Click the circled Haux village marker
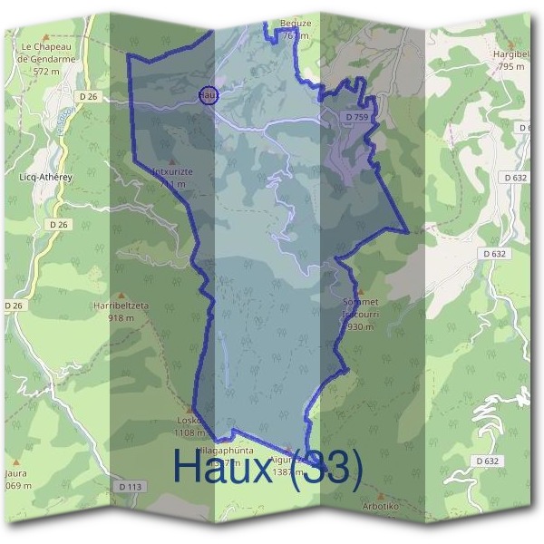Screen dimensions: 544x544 tap(208, 93)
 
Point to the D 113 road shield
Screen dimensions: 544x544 tap(131, 487)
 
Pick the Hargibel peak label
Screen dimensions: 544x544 tap(511, 54)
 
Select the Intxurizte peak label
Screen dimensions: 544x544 tap(171, 172)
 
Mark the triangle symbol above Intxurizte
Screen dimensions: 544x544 tap(172, 161)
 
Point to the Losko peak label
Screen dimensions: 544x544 tap(189, 421)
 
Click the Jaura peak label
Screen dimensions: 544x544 tap(15, 473)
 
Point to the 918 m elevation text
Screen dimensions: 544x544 tap(121, 318)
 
